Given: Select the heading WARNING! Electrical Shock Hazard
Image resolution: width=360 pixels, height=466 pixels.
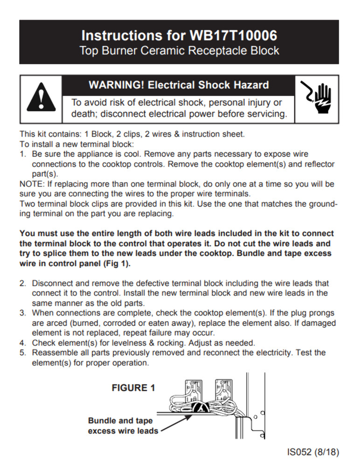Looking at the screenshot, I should coord(179,85).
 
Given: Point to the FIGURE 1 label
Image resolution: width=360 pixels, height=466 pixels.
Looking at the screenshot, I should coord(133,388).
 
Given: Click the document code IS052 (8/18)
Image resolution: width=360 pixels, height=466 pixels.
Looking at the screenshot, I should coord(313,452).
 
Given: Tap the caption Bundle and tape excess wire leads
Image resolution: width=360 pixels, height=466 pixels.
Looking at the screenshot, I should coord(123,425).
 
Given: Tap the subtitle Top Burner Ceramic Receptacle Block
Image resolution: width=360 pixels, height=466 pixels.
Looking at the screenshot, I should coord(180,50).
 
